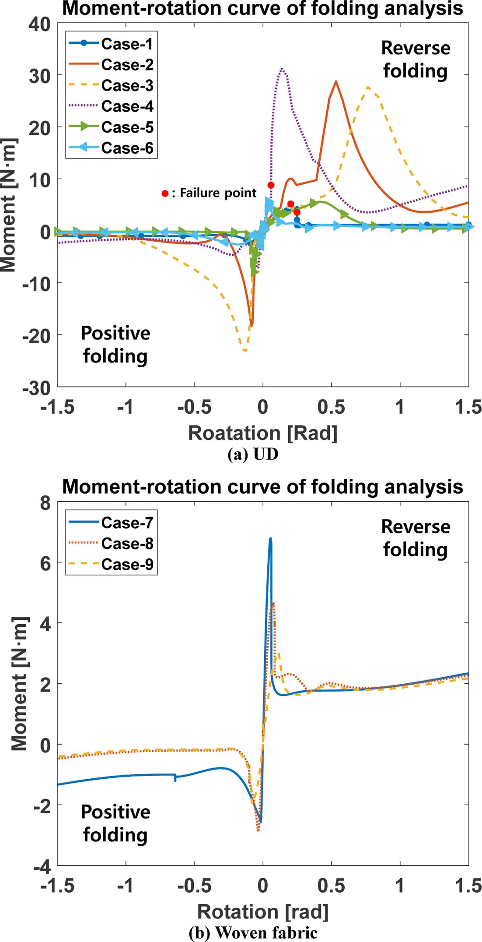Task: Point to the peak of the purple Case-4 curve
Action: coord(282,69)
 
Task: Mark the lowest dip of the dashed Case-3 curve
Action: coord(245,351)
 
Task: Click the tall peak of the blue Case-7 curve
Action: coord(270,539)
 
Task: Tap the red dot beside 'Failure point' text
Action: coord(165,193)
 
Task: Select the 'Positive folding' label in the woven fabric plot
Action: coord(115,823)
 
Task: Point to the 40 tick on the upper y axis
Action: coord(40,25)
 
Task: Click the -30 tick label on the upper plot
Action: coord(36,387)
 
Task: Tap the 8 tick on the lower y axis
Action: coord(45,503)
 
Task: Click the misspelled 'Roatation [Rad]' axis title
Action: coord(262,433)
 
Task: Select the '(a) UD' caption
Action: coord(253,454)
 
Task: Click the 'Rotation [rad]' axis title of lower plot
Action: coord(262,912)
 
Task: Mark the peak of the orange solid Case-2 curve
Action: coord(335,81)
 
